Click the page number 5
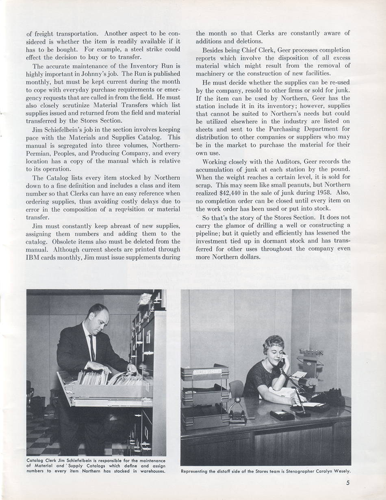pyautogui.click(x=348, y=483)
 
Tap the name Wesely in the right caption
pyautogui.click(x=341, y=472)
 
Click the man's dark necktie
pyautogui.click(x=92, y=348)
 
